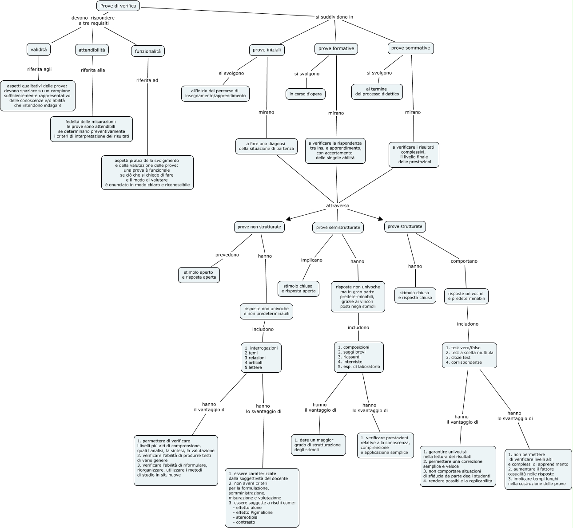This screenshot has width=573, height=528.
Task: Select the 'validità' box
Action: [x=39, y=50]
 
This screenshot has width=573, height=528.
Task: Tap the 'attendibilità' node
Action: [x=92, y=50]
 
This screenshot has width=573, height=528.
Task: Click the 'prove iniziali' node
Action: [x=267, y=50]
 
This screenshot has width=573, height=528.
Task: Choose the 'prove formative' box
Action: [x=336, y=48]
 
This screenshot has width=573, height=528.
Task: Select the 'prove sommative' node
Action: [x=411, y=48]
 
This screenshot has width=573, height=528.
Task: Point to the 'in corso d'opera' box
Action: [x=306, y=94]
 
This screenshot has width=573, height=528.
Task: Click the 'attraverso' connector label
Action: [x=338, y=206]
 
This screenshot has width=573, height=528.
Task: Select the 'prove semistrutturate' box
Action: [x=338, y=228]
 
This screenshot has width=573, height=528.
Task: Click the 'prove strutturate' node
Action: [x=405, y=226]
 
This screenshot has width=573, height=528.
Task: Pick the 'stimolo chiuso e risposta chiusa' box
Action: [x=415, y=295]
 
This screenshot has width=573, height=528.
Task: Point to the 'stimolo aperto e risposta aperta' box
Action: [x=199, y=275]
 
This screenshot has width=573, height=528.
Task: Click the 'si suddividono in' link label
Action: [x=334, y=17]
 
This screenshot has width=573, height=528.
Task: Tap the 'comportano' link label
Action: [x=464, y=261]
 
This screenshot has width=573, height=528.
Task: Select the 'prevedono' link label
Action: [x=227, y=255]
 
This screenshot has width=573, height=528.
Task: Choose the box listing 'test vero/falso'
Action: [x=470, y=355]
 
